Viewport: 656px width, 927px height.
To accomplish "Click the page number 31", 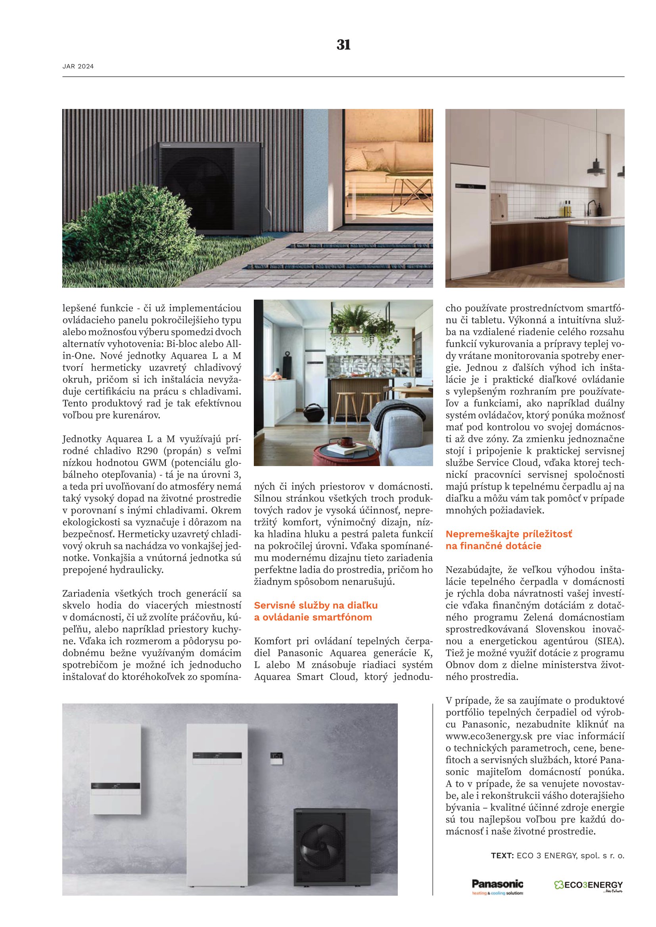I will coord(343,45).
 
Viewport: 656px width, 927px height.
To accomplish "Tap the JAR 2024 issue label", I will coord(78,67).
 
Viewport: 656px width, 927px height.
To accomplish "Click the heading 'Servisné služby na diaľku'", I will coord(315,605).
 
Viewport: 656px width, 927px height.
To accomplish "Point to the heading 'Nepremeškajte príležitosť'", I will coord(508,534).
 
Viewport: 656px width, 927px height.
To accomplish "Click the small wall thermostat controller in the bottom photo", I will coord(277,755).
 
